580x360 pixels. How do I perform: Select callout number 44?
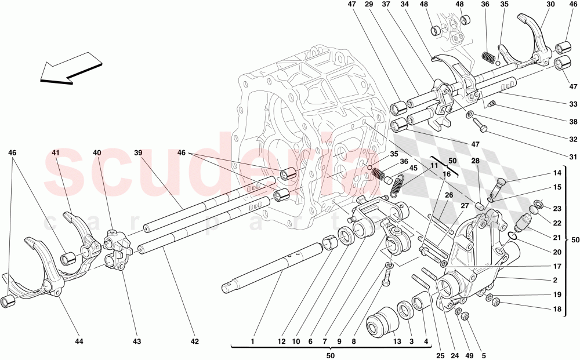(79, 341)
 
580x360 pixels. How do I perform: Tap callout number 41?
(56, 153)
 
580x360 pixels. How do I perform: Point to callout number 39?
(138, 153)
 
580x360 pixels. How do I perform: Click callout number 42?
(195, 341)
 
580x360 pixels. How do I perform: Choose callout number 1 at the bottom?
(253, 341)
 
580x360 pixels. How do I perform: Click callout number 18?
(557, 309)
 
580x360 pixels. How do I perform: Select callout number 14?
(557, 173)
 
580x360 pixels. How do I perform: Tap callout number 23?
(557, 209)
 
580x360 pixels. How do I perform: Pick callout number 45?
(414, 169)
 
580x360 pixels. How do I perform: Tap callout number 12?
(281, 341)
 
